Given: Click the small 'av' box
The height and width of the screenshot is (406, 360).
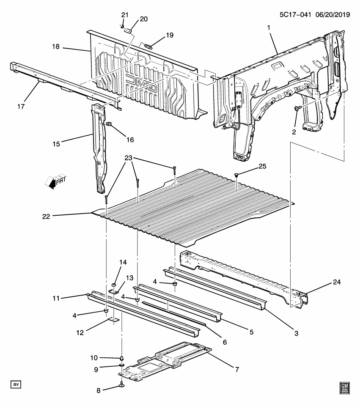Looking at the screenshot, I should point(16,384).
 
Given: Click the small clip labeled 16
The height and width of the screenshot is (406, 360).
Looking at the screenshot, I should point(109,124).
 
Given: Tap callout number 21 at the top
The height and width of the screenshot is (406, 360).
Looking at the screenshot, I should point(125,15).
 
